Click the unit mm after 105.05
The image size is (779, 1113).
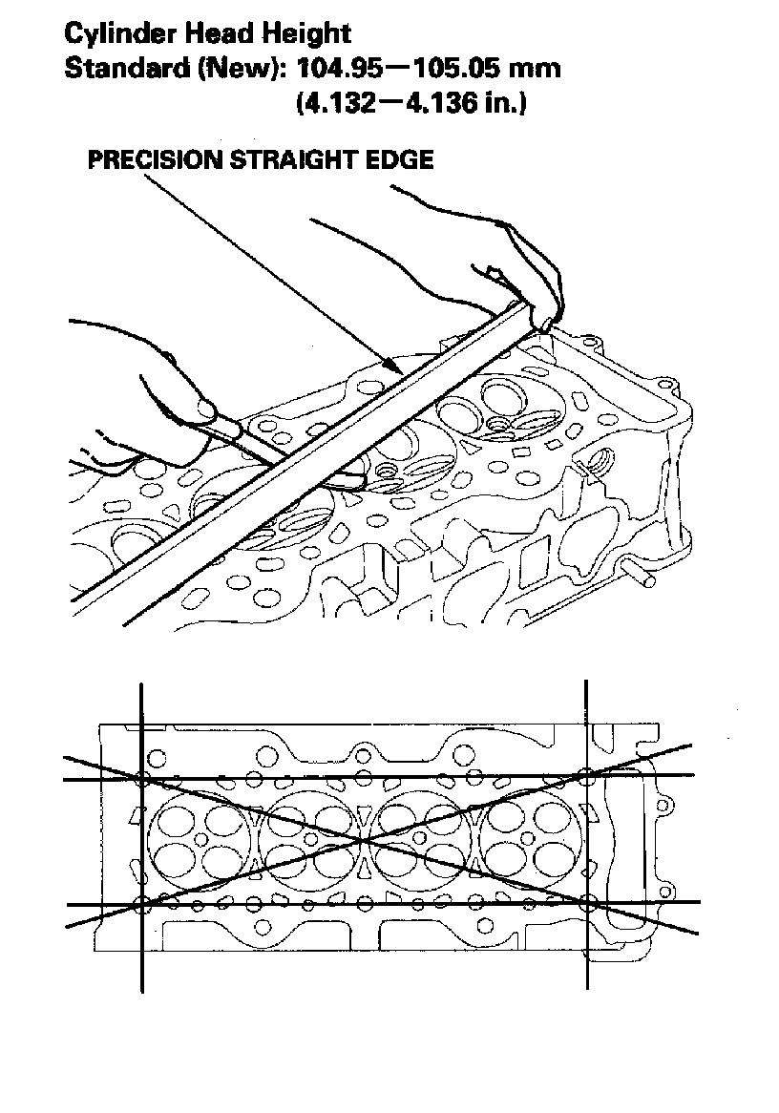(x=536, y=69)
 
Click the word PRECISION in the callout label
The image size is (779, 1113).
(x=153, y=159)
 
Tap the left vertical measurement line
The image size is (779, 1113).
(x=142, y=955)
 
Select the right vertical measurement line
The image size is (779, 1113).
(x=586, y=955)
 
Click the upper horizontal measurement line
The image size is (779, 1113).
(x=382, y=778)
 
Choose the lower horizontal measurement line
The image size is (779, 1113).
(x=382, y=901)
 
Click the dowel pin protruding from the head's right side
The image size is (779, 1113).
(x=642, y=575)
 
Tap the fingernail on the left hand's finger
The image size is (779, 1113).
(x=202, y=409)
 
